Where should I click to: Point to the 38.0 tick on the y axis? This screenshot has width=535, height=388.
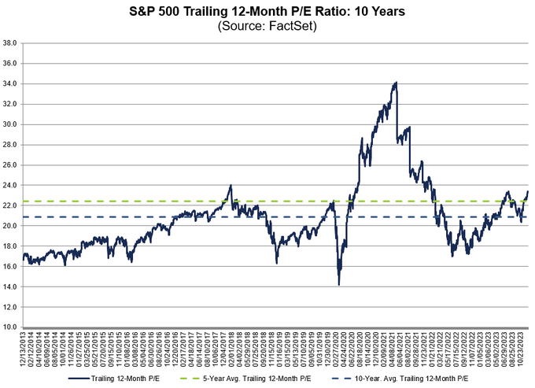pos(11,42)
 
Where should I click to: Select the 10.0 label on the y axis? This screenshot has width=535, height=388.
pos(11,327)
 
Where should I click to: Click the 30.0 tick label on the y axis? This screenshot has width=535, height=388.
pos(11,124)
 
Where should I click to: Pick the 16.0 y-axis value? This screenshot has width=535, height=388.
pos(11,266)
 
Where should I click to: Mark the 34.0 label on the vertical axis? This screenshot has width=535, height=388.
pos(11,83)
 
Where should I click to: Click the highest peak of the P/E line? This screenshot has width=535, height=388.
pos(396,82)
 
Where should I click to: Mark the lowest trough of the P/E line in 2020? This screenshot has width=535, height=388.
pos(338,284)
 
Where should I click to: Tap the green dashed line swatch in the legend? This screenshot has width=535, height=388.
pos(192,379)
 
